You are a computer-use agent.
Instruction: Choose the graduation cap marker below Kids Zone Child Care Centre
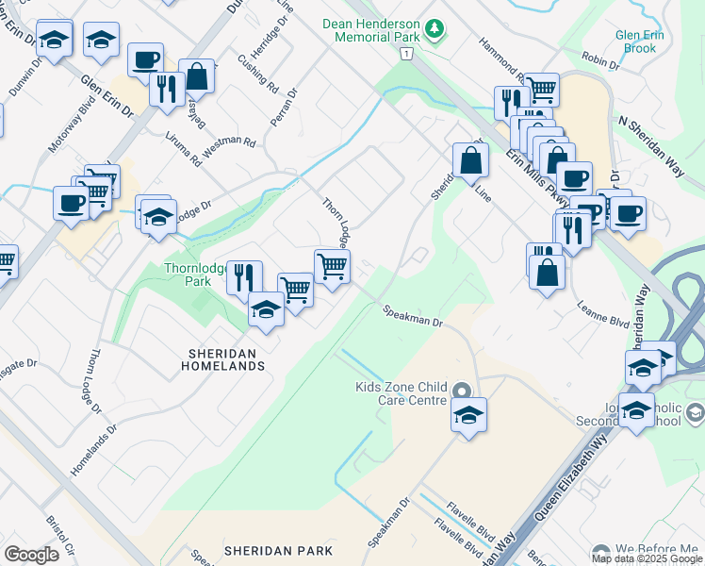point(468,415)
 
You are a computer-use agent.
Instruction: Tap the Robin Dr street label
point(600,59)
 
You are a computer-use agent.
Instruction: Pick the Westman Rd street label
point(230,142)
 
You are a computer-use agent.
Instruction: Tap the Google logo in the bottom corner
point(31,554)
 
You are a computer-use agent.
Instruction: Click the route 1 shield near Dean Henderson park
point(404,54)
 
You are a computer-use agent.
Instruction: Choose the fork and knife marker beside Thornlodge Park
point(243,275)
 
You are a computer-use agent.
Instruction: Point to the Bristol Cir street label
point(60,536)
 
